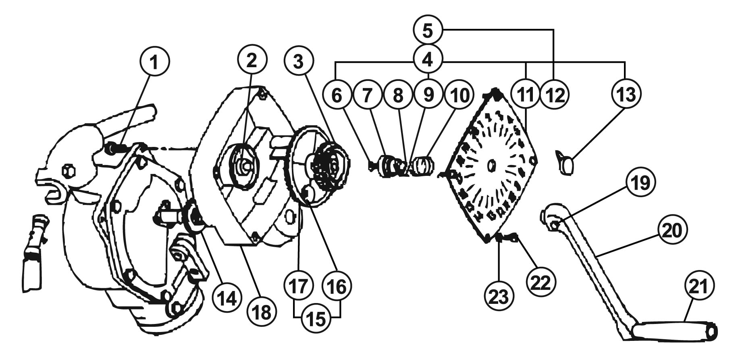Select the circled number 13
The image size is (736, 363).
point(626,94)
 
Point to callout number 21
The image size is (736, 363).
point(699,286)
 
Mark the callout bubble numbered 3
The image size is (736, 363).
point(298,61)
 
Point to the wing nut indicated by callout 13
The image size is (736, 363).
point(565,161)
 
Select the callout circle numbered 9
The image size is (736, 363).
point(428,94)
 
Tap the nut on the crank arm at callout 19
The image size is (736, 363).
point(554,225)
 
